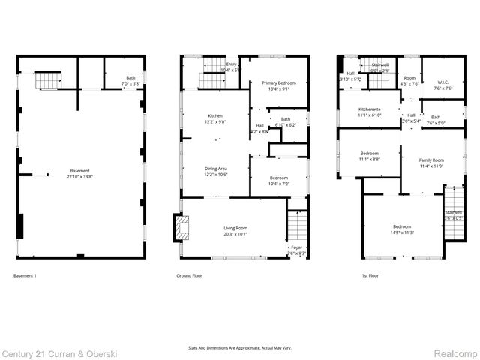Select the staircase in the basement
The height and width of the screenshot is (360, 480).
coord(49,78)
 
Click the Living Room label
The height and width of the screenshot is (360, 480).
coord(235,230)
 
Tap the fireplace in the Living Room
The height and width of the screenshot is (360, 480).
coord(180,226)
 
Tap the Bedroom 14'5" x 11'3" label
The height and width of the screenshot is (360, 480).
coord(401,229)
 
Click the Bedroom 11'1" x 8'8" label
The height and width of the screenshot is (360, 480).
coord(370,157)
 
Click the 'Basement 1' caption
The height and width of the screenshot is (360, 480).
coord(25,276)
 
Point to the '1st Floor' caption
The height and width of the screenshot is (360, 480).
coord(370,276)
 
